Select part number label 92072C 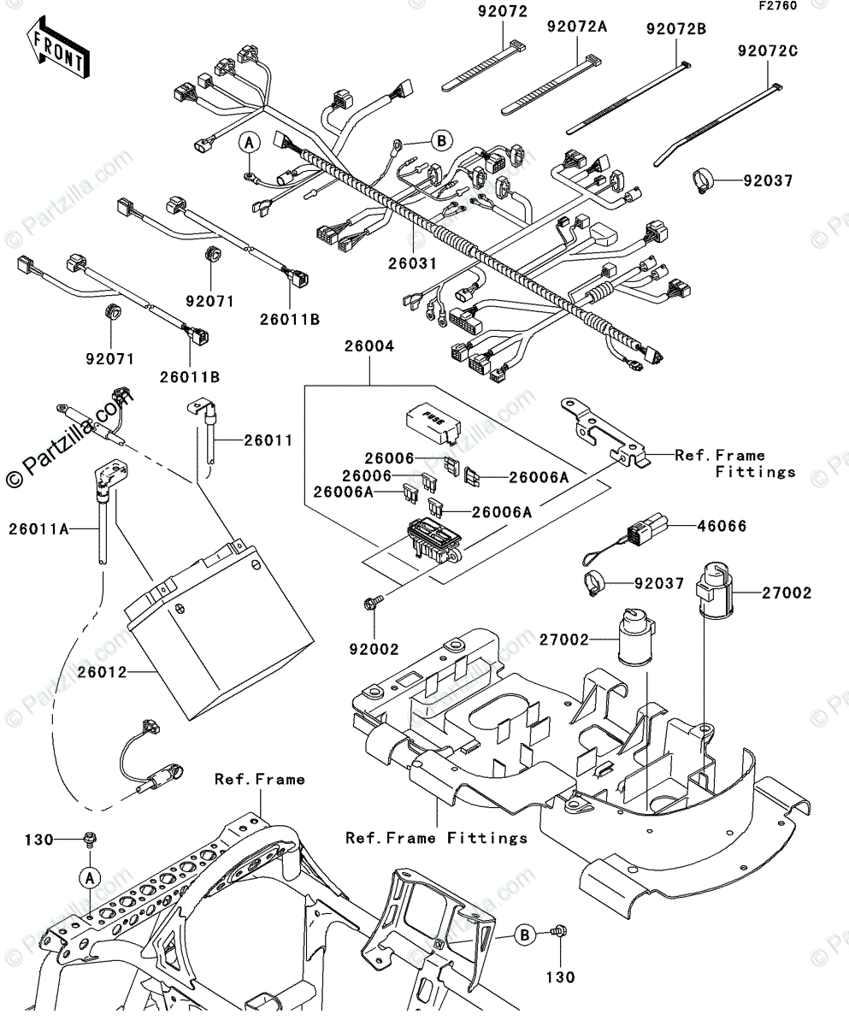click(x=767, y=51)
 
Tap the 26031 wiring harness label click(x=413, y=263)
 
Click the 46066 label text click(x=719, y=527)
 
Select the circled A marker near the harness click(x=248, y=143)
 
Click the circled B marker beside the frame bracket click(x=524, y=936)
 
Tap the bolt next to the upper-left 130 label click(x=89, y=838)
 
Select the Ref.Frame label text click(x=259, y=779)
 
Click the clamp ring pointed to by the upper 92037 click(x=703, y=180)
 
